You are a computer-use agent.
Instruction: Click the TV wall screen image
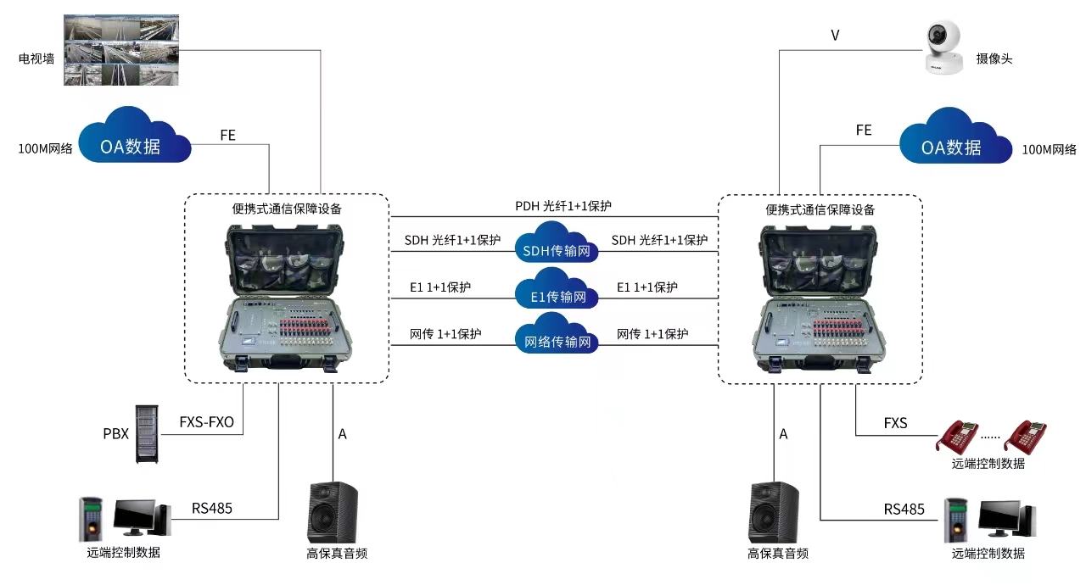[122, 50]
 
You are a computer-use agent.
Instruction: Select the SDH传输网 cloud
[555, 243]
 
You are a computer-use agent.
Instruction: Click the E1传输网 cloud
[555, 290]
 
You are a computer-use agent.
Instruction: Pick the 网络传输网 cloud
[555, 336]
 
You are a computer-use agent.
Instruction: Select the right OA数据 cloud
[954, 139]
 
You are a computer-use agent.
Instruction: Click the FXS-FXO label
[206, 422]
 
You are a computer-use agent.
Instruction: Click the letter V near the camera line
[835, 36]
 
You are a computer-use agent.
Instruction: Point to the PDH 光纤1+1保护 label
[563, 206]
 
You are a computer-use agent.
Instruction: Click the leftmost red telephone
[957, 436]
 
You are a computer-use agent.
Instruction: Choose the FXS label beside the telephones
[895, 422]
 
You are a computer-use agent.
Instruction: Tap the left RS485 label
[212, 509]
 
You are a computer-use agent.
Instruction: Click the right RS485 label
[904, 509]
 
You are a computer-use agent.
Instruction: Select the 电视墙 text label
[36, 59]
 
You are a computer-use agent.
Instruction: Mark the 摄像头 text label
[994, 58]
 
